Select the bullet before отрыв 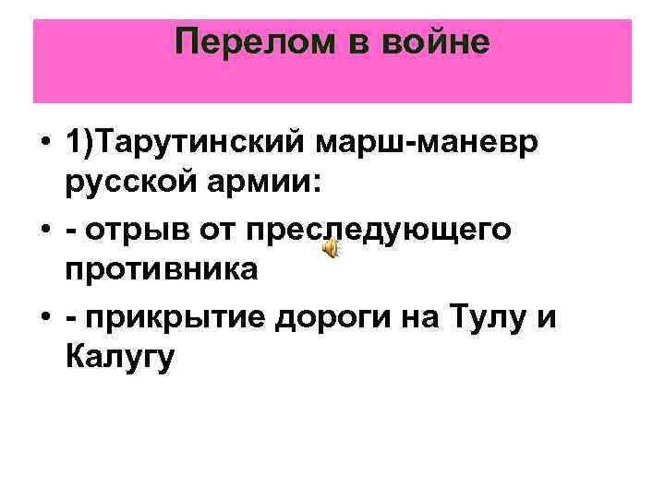coord(43,229)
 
